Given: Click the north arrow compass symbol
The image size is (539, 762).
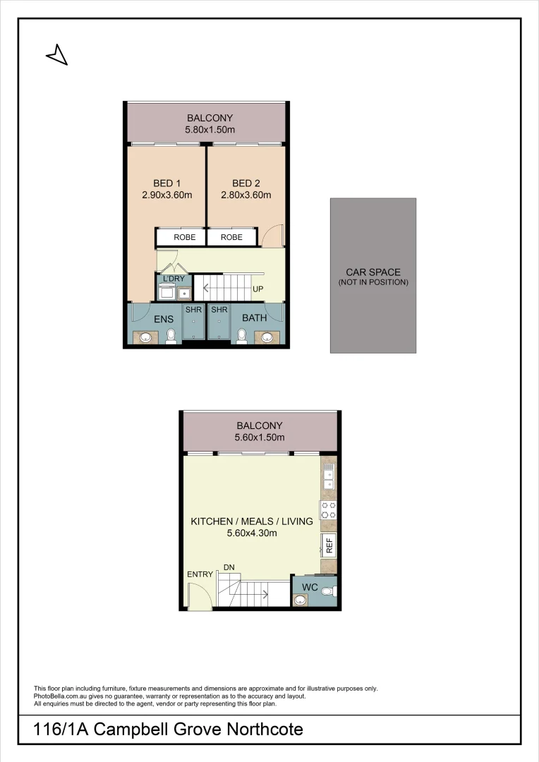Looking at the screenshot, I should click(x=57, y=54).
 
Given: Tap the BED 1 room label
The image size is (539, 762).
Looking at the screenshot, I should click(x=167, y=183).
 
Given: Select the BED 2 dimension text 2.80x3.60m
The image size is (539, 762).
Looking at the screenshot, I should click(x=246, y=195).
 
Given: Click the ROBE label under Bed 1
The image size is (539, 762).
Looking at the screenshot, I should click(x=180, y=238).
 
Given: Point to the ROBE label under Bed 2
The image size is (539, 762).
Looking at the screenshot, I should click(x=231, y=238).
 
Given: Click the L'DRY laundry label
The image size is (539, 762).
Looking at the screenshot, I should click(x=174, y=279).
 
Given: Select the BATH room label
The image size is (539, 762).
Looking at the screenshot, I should click(x=254, y=318).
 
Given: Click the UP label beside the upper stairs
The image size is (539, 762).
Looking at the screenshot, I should click(x=258, y=289).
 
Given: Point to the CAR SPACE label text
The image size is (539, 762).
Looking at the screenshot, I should click(x=373, y=272).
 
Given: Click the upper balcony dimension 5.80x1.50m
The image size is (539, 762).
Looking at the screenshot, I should click(x=210, y=130).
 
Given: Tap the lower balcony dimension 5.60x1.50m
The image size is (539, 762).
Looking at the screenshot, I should click(x=260, y=437).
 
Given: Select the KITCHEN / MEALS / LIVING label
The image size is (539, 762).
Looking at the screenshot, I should click(x=252, y=521).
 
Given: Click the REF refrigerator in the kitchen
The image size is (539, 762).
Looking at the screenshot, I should click(x=329, y=545).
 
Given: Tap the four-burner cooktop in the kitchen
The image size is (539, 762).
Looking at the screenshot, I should click(x=328, y=510).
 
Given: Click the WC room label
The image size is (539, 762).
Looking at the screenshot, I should click(x=310, y=588).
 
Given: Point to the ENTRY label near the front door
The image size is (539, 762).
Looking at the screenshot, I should click(x=200, y=574).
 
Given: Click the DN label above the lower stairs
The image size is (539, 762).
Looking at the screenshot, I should click(x=229, y=567).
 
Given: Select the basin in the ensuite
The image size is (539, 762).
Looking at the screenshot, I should click(x=146, y=337).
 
